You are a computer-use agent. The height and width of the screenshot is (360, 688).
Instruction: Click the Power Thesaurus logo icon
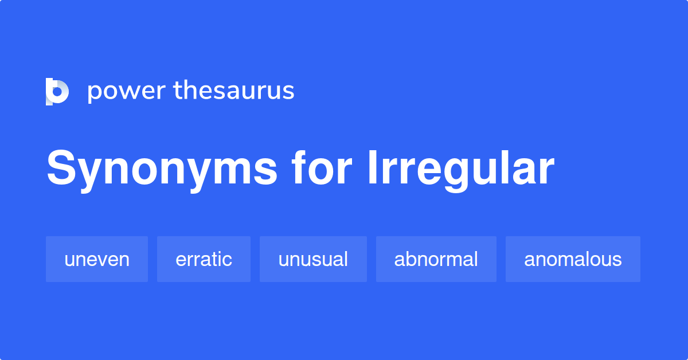(x=57, y=92)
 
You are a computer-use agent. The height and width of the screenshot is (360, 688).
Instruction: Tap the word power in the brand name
(x=127, y=92)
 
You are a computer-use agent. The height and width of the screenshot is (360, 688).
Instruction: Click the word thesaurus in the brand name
(x=234, y=90)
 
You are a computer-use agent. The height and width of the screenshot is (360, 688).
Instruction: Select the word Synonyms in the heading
(x=162, y=170)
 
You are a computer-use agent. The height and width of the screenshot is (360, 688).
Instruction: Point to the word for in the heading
(x=322, y=167)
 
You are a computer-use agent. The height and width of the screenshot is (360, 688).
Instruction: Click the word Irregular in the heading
(x=462, y=171)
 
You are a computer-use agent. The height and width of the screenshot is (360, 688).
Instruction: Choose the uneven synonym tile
(x=97, y=259)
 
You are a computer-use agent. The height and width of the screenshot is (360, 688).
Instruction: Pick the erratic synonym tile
(x=204, y=259)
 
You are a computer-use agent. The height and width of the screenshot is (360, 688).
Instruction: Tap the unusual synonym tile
(x=313, y=259)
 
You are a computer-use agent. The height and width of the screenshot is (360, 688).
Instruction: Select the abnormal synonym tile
(x=436, y=259)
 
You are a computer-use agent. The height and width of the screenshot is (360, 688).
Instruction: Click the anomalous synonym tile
(x=573, y=259)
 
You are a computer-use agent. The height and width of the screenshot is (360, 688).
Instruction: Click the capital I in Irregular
(x=372, y=168)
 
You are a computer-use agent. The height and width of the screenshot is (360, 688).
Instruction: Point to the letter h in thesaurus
(x=192, y=89)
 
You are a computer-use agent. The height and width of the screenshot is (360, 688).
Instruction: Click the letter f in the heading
(x=299, y=167)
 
